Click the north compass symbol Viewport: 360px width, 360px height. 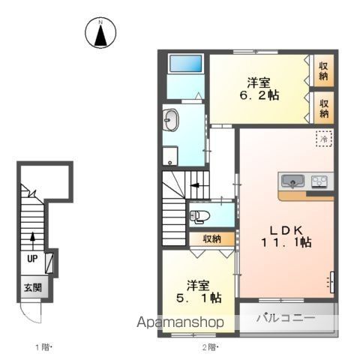100,33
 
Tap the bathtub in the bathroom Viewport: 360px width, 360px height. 186,64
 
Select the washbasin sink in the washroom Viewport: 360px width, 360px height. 171,121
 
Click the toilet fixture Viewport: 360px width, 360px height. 199,217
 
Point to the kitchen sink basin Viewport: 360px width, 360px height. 292,181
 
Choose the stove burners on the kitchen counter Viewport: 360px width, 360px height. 319,181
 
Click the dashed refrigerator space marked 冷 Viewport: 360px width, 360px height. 324,139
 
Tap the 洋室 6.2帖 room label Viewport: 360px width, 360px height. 259,89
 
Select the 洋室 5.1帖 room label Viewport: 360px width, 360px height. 199,292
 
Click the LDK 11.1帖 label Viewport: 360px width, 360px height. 286,236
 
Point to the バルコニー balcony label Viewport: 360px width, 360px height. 286,318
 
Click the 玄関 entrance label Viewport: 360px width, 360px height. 33,288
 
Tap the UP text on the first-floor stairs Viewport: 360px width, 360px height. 32,259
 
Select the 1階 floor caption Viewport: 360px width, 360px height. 43,347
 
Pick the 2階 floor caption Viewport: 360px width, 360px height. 210,347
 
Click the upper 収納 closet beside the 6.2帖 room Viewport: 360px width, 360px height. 324,70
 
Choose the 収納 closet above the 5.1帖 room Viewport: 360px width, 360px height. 212,239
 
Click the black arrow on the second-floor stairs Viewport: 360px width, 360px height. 194,185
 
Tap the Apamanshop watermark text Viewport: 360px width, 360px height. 180,322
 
